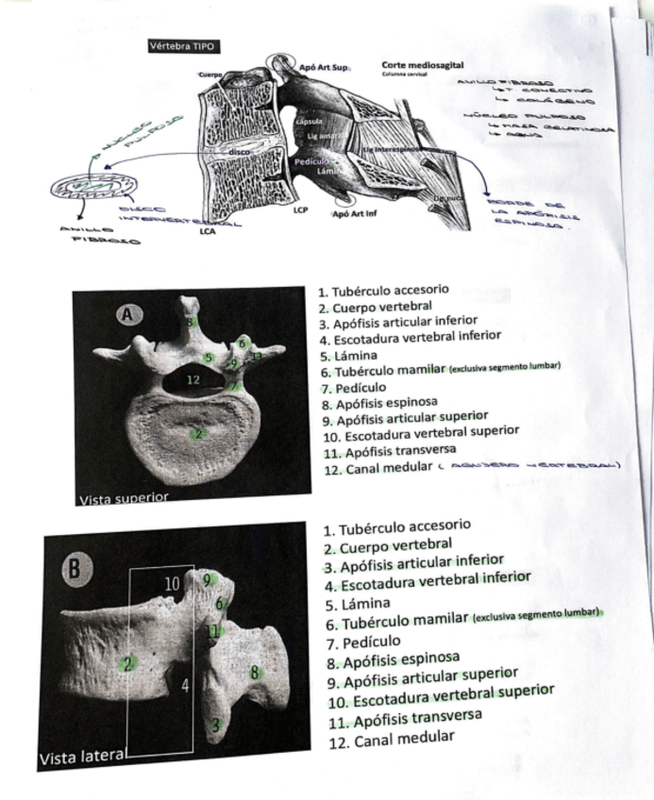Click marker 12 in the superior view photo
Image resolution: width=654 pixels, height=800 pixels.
(x=193, y=379)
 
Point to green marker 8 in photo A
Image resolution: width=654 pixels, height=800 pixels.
(x=192, y=323)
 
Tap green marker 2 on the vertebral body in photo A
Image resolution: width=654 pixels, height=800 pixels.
(x=197, y=433)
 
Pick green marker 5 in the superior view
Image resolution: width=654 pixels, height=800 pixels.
(x=209, y=358)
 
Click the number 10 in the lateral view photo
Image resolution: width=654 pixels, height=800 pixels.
(x=172, y=585)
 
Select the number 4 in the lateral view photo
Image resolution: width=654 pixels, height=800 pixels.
(x=186, y=686)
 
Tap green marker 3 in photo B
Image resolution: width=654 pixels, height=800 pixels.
(x=217, y=725)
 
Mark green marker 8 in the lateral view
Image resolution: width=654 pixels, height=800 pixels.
(x=254, y=673)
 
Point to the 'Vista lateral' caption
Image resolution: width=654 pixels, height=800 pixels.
(x=82, y=758)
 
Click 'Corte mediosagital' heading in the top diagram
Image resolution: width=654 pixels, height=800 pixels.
(x=423, y=63)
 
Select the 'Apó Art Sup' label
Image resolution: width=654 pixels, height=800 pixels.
(x=323, y=68)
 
